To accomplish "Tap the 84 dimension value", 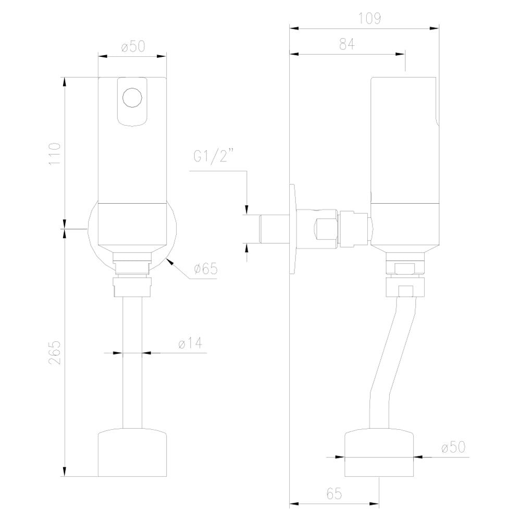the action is pyautogui.click(x=347, y=44).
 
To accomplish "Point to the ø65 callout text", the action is pyautogui.click(x=206, y=268).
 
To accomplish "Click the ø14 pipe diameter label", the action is pyautogui.click(x=190, y=343).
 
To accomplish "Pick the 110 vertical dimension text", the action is pyautogui.click(x=54, y=154).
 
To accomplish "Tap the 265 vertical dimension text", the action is pyautogui.click(x=54, y=353).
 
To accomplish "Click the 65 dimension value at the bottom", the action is pyautogui.click(x=334, y=494).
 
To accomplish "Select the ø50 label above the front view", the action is pyautogui.click(x=133, y=46).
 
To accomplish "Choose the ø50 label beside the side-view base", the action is pyautogui.click(x=454, y=447).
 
